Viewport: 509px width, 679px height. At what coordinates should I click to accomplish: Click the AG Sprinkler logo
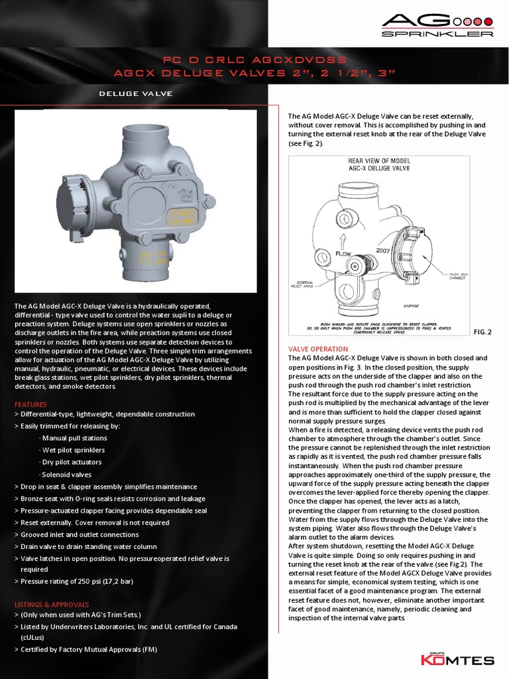pyautogui.click(x=437, y=25)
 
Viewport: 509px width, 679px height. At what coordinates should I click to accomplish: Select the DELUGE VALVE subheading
pyautogui.click(x=135, y=93)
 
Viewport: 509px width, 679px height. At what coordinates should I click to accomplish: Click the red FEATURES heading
pyautogui.click(x=30, y=404)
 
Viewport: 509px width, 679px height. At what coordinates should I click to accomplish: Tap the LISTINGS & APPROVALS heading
pyautogui.click(x=52, y=604)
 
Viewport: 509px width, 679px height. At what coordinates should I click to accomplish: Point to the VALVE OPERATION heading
pyautogui.click(x=317, y=349)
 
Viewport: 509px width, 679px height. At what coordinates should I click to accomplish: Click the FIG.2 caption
pyautogui.click(x=482, y=330)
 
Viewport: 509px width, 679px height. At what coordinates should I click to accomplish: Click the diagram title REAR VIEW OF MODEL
pyautogui.click(x=379, y=161)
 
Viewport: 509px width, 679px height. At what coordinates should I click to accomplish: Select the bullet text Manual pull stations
pyautogui.click(x=74, y=438)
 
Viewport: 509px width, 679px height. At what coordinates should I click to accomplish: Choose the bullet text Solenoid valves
pyautogui.click(x=66, y=475)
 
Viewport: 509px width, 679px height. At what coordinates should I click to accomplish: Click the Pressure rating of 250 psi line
pyautogui.click(x=77, y=582)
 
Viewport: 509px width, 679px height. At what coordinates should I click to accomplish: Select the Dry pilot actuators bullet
pyautogui.click(x=71, y=462)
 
